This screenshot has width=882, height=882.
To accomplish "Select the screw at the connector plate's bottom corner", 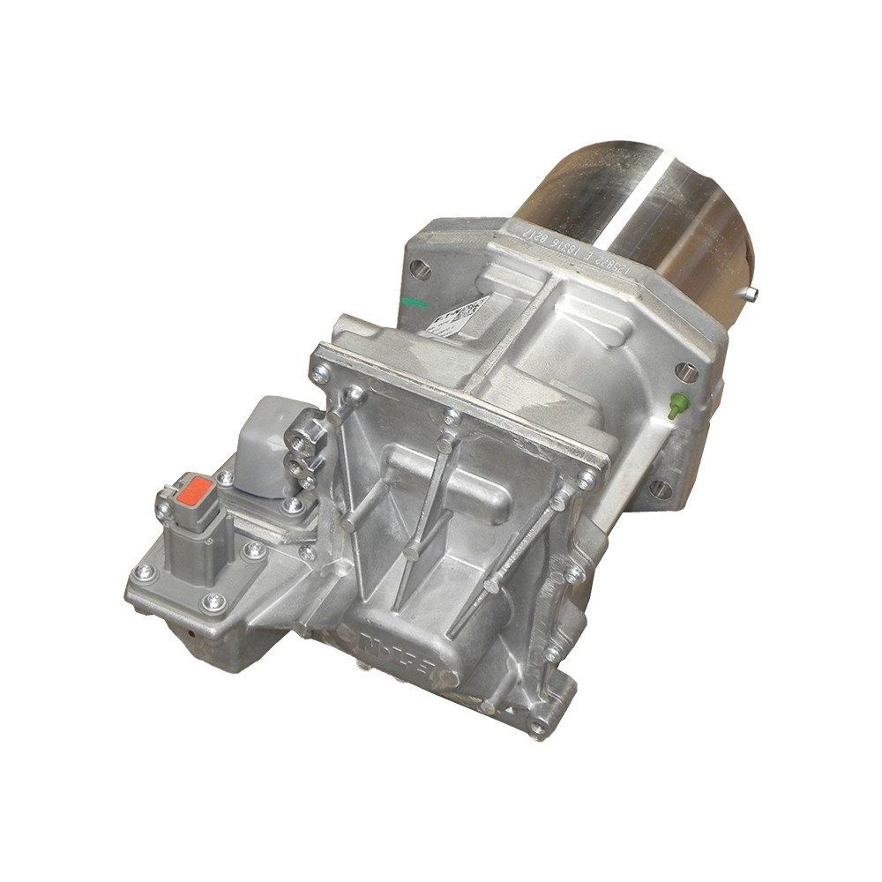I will (213, 603).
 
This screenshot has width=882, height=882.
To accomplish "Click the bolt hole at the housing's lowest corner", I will (539, 727).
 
